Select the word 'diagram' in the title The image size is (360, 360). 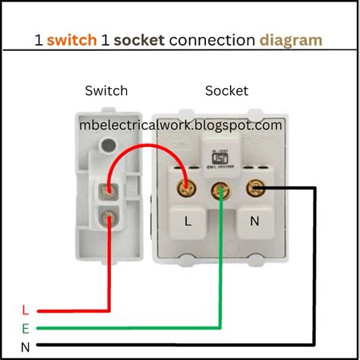[x=290, y=39]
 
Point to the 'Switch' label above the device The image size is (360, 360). [x=106, y=91]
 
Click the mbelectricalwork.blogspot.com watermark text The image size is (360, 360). [x=182, y=124]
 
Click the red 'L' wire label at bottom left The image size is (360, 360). [x=25, y=311]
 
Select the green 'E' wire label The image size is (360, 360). [x=25, y=329]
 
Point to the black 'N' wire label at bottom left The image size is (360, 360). [x=25, y=347]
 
